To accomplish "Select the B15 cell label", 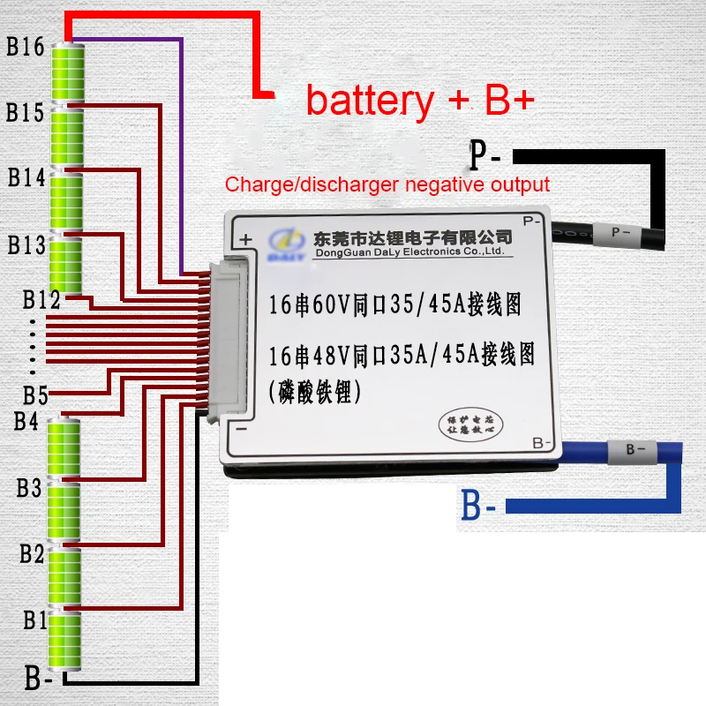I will [x=25, y=113].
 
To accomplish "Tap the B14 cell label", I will [x=26, y=177].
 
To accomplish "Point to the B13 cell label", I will [x=26, y=244].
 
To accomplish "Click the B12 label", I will [x=41, y=301].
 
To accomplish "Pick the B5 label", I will [x=35, y=394].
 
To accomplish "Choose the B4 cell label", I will [x=26, y=422].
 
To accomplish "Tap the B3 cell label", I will [x=29, y=488].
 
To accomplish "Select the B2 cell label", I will [x=32, y=554].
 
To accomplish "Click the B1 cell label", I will [x=34, y=620].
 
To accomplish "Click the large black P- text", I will [x=485, y=157].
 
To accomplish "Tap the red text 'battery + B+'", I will [x=420, y=101].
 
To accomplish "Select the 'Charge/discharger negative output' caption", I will [x=387, y=184].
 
